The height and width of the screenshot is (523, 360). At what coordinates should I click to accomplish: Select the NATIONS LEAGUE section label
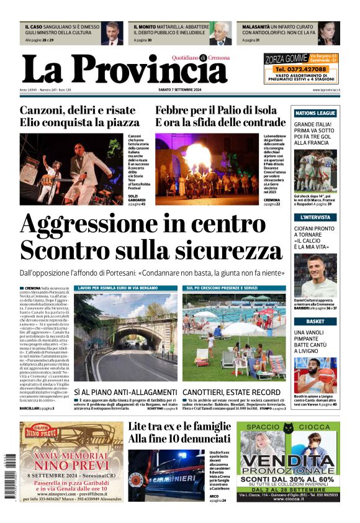[x=315, y=114]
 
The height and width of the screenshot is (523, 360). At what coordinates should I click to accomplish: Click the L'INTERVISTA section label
[x=315, y=217]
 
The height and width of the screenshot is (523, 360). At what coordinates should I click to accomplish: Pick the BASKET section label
[x=315, y=321]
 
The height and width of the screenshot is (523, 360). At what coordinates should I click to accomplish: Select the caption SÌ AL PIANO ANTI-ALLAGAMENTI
[x=126, y=393]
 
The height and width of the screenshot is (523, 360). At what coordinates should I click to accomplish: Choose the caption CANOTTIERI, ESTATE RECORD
[x=232, y=393]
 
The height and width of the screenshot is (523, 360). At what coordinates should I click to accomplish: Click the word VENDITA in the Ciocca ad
[x=288, y=462]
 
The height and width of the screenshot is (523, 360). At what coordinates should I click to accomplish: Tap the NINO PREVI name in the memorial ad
[x=65, y=466]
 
